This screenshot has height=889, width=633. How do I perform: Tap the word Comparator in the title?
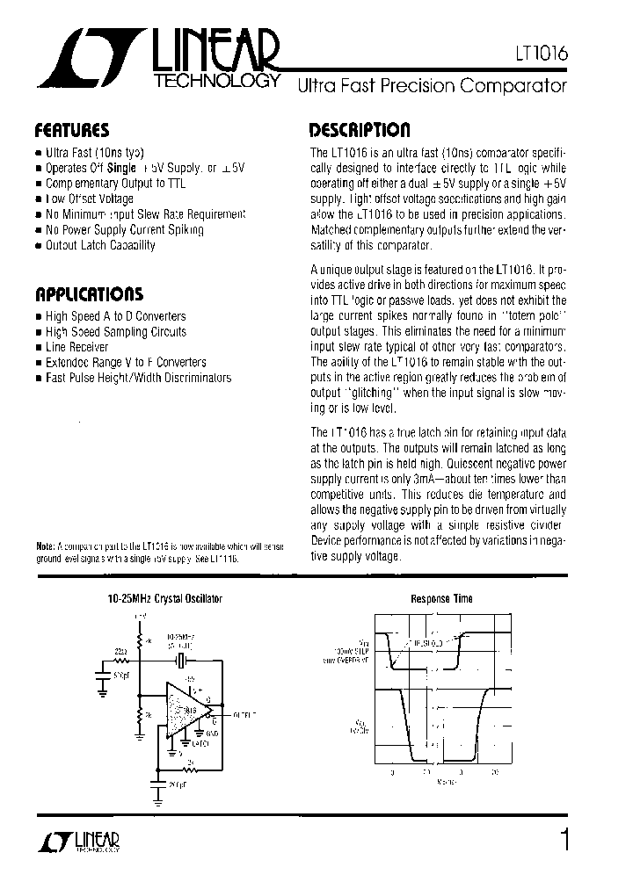pos(518,86)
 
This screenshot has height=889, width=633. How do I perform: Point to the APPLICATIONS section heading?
pos(88,293)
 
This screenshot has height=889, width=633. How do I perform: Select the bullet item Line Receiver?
pos(77,347)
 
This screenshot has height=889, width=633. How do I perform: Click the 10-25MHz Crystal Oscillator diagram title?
pos(164,598)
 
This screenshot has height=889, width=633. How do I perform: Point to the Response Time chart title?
pos(441,598)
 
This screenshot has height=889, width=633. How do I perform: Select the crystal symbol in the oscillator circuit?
pos(182,661)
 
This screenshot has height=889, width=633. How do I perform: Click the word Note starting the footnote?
pos(45,546)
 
